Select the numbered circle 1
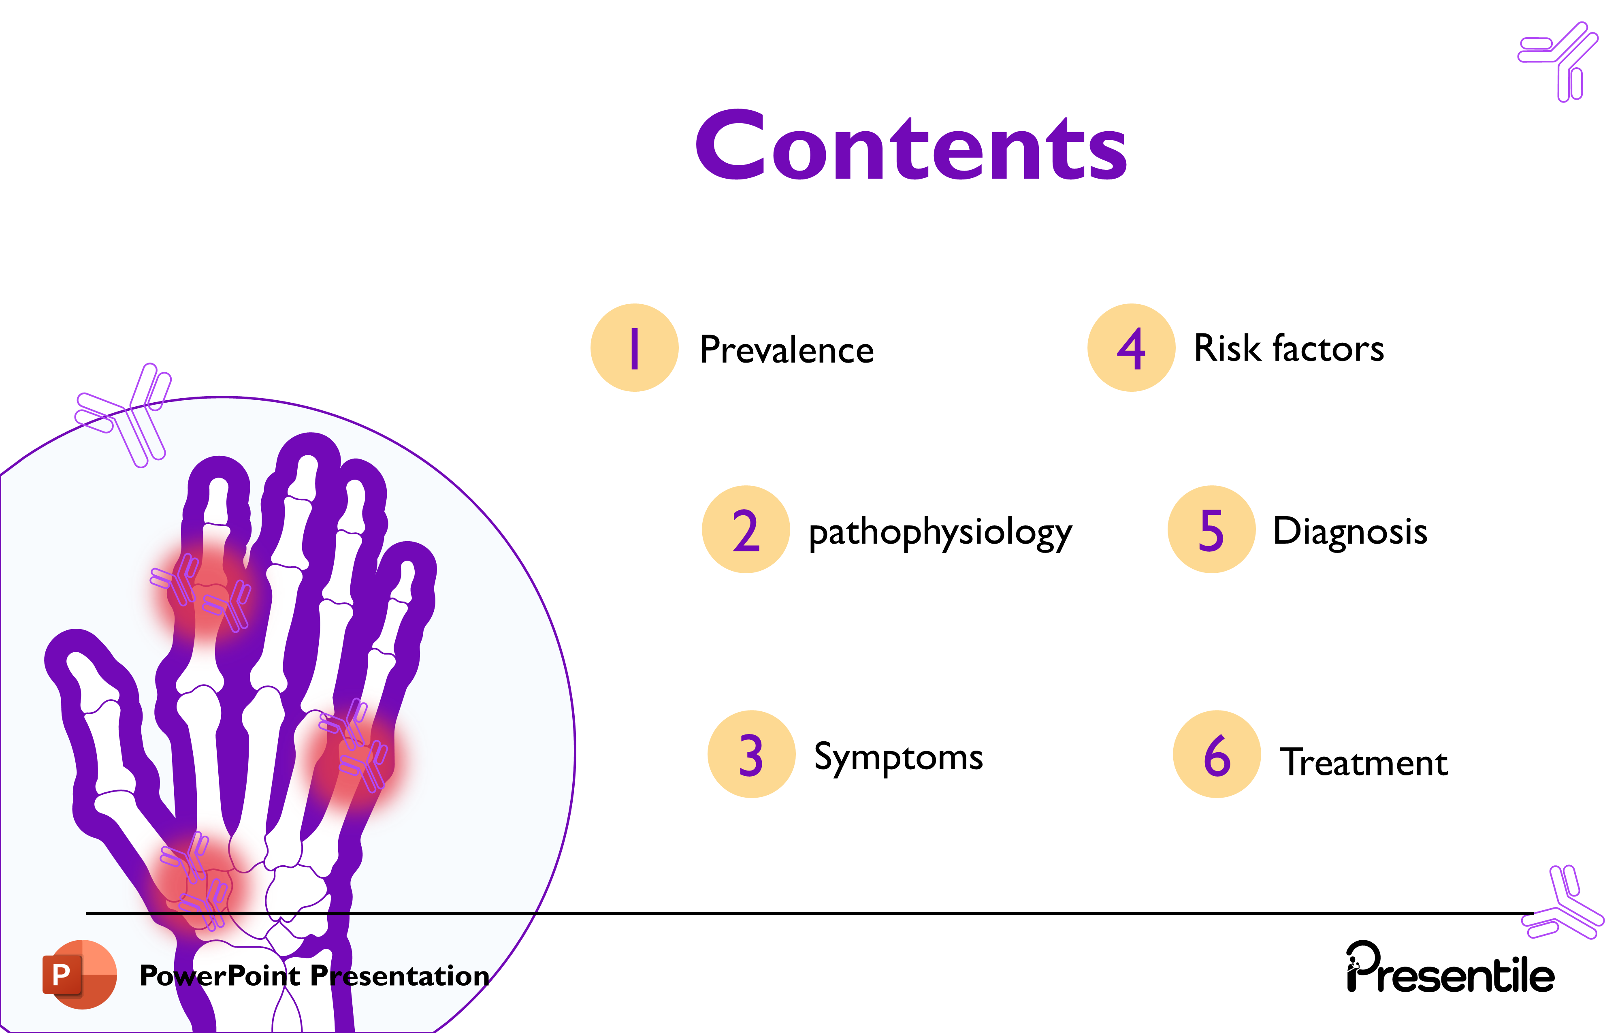634,347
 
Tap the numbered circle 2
746,529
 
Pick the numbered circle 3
751,754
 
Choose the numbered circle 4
1132,347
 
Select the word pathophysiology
940,532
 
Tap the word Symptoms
898,757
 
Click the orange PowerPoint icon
79,974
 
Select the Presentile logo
1450,969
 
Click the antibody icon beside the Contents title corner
1559,62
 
